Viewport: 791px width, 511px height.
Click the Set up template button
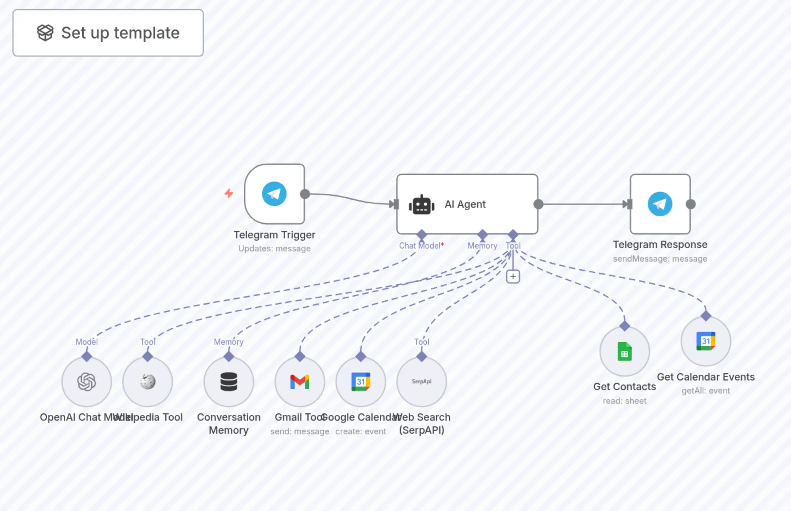tap(108, 33)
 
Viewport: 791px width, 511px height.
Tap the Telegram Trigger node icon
tap(274, 194)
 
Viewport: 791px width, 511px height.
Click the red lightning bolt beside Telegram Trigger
tap(228, 193)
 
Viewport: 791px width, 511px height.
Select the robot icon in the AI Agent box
tap(421, 205)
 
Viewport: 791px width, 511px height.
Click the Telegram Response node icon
tap(660, 204)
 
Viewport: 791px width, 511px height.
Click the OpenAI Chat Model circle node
tap(87, 382)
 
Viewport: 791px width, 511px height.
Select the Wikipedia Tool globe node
tap(148, 382)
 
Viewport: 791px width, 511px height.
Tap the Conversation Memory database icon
tap(228, 382)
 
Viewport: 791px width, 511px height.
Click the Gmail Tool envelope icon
tap(300, 382)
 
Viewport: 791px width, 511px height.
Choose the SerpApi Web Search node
tap(421, 382)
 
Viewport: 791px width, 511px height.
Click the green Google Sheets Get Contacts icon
tap(625, 351)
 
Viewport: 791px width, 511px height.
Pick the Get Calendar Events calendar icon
tap(706, 341)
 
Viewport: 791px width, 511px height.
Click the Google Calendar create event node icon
tap(361, 382)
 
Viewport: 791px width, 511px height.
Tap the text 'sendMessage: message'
tap(660, 258)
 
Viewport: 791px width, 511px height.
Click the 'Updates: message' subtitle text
tap(274, 248)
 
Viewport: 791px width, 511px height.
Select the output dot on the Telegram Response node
tap(690, 204)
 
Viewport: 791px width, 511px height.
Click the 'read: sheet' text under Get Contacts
tap(625, 401)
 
